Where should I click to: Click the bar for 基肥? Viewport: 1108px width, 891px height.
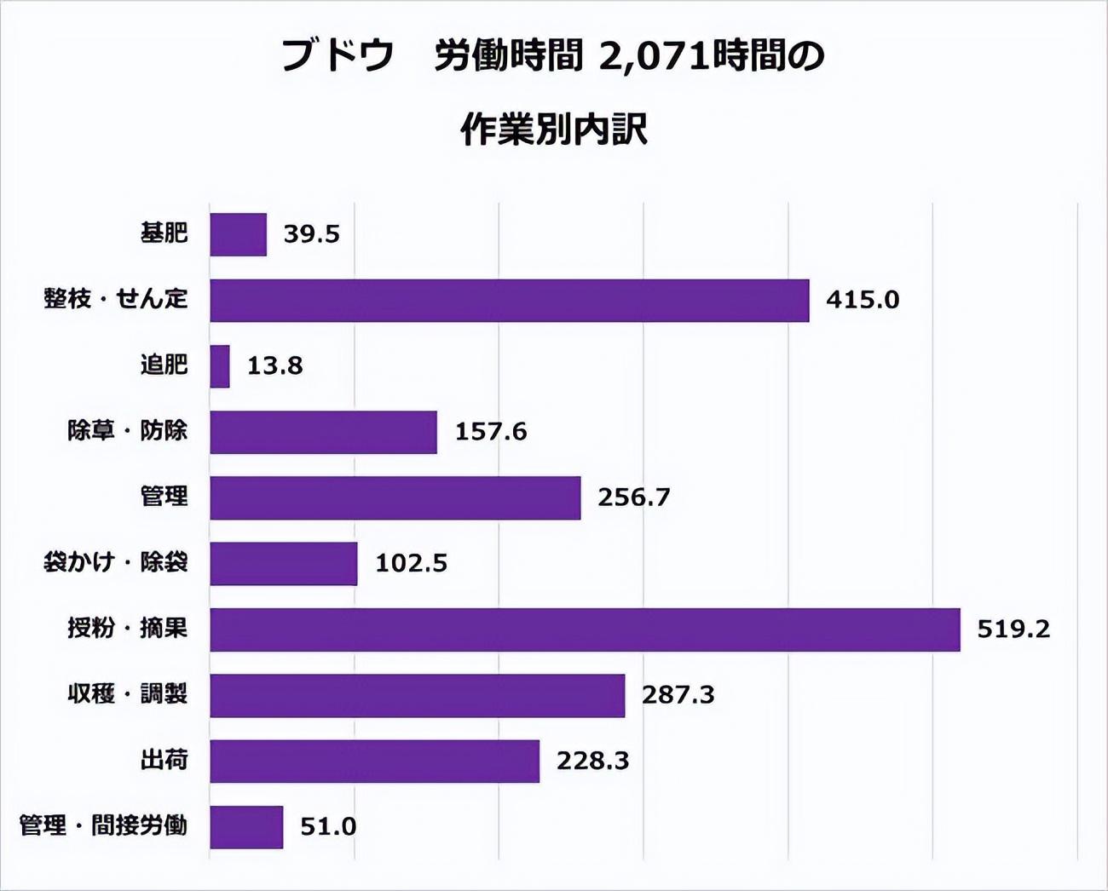pyautogui.click(x=238, y=234)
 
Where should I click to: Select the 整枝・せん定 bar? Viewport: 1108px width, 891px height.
pyautogui.click(x=509, y=300)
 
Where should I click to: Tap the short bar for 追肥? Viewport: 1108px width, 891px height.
pyautogui.click(x=220, y=366)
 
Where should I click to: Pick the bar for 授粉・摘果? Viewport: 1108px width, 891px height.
pyautogui.click(x=585, y=629)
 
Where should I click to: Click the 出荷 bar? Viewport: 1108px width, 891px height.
pyautogui.click(x=374, y=761)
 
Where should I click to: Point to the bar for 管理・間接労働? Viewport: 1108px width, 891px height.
pyautogui.click(x=246, y=826)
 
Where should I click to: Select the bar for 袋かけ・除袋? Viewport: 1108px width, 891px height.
pyautogui.click(x=283, y=563)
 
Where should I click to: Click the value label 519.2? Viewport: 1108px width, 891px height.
pyautogui.click(x=1013, y=629)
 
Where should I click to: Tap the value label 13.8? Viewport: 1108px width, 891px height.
pyautogui.click(x=274, y=366)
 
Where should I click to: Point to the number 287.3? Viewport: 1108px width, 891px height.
pyautogui.click(x=678, y=695)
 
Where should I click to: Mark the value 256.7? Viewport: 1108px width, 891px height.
pyautogui.click(x=633, y=497)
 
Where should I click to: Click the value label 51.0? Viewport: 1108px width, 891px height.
pyautogui.click(x=328, y=826)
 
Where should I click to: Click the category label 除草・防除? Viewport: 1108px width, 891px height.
pyautogui.click(x=127, y=431)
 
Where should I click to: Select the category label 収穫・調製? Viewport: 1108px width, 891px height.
pyautogui.click(x=127, y=694)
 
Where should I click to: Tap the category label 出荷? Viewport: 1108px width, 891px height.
pyautogui.click(x=164, y=760)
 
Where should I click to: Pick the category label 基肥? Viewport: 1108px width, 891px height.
pyautogui.click(x=164, y=233)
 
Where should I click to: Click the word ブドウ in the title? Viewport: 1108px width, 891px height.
pyautogui.click(x=338, y=57)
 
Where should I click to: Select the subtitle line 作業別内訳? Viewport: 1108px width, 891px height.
pyautogui.click(x=554, y=130)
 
